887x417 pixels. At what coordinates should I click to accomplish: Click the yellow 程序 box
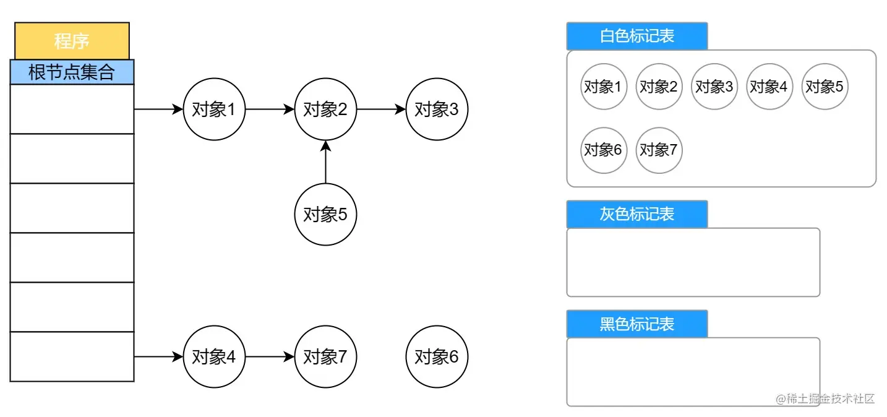[72, 41]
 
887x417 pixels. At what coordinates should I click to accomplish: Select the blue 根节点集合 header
[72, 72]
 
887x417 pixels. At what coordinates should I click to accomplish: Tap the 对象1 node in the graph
[214, 110]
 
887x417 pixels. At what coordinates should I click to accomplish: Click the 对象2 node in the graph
[325, 110]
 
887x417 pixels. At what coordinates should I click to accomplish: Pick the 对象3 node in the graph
[437, 110]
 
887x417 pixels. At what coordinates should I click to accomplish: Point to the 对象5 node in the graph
[325, 214]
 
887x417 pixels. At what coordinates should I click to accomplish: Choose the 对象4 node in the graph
[214, 357]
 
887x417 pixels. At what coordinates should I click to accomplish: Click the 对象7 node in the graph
[325, 357]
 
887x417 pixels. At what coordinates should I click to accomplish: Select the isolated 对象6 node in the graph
[437, 357]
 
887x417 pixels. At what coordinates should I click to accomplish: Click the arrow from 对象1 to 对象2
[270, 110]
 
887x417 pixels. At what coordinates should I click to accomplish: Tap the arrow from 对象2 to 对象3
[381, 110]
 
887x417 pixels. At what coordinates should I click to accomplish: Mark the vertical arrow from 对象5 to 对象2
[325, 162]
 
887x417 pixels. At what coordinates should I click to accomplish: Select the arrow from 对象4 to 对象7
[270, 357]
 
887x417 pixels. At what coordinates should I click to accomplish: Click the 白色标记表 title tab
[636, 36]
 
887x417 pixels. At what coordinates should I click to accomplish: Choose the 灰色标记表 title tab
[636, 214]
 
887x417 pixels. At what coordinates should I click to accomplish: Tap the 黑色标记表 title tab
[636, 324]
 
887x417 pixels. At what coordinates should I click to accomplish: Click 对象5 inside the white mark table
[825, 87]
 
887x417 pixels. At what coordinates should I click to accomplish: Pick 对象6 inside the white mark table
[603, 150]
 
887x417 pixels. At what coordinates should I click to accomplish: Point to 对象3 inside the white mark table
[714, 87]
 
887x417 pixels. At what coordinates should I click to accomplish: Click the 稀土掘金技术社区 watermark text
[825, 398]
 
